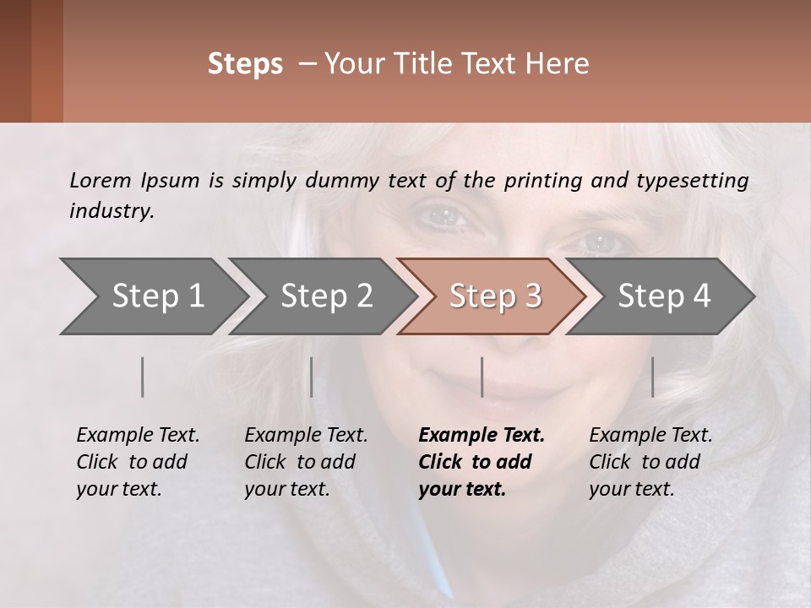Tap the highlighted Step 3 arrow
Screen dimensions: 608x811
coord(494,296)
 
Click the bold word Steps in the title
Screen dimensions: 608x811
coord(245,64)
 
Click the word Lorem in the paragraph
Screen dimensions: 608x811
coord(100,180)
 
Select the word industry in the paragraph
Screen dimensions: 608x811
coord(111,210)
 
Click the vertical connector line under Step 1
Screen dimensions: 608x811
coord(143,377)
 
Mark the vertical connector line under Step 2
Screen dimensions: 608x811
coord(312,377)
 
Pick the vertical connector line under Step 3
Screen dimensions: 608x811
coord(482,377)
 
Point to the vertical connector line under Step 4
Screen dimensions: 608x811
coord(653,377)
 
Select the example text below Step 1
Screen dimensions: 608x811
coord(138,462)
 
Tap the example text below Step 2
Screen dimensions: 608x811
coord(306,462)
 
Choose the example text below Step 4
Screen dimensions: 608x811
coord(650,462)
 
